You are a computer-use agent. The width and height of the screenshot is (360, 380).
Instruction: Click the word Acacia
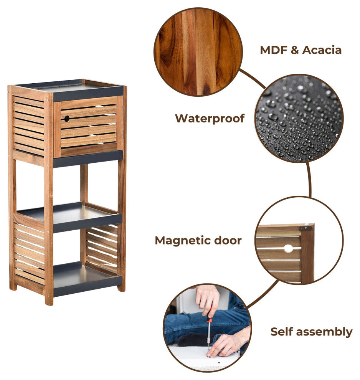point(322,50)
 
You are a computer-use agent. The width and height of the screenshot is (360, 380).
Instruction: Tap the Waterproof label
point(210,119)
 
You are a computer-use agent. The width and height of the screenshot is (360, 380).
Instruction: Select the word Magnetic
point(182,241)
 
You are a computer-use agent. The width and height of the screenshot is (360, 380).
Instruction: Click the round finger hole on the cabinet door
point(67,119)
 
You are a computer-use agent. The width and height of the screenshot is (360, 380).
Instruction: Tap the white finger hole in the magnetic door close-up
point(288,248)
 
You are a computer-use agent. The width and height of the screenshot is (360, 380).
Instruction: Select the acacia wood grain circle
point(198,52)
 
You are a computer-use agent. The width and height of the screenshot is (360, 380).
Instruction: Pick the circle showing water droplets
point(299,118)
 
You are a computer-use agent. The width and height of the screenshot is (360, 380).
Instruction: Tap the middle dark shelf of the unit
point(70,216)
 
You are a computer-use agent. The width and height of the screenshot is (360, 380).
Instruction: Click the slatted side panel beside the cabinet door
point(28,126)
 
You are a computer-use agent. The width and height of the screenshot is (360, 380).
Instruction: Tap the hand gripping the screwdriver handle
point(208,300)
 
